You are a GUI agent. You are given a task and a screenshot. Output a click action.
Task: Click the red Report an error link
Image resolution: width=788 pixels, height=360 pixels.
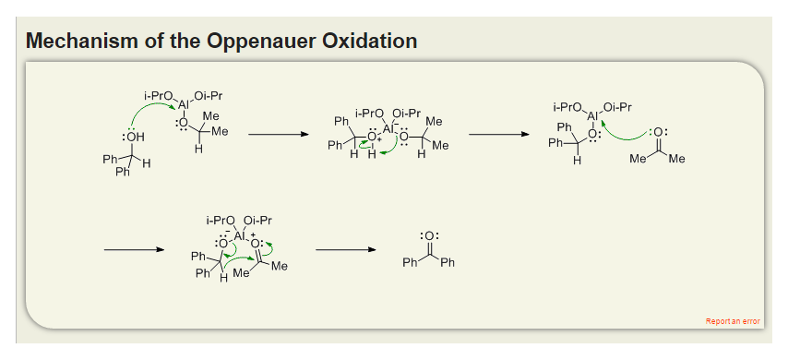733,321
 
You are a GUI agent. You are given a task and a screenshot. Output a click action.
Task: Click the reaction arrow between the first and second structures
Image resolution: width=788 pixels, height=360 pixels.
278,135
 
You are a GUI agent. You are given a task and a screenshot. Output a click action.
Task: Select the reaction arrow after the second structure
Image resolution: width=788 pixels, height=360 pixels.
499,135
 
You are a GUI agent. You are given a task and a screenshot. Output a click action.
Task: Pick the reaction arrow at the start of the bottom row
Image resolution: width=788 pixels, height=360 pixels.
134,249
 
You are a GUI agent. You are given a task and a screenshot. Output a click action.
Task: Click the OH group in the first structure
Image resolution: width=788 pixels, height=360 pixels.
134,138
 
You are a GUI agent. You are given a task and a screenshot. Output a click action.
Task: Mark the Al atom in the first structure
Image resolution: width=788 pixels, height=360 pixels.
184,104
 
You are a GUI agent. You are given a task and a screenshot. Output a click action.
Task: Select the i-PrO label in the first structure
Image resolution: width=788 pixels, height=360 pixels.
160,95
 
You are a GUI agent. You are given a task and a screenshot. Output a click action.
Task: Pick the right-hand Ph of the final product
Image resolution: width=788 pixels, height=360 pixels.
448,264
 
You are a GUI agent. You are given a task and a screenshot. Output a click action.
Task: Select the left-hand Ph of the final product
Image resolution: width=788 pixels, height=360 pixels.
411,264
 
